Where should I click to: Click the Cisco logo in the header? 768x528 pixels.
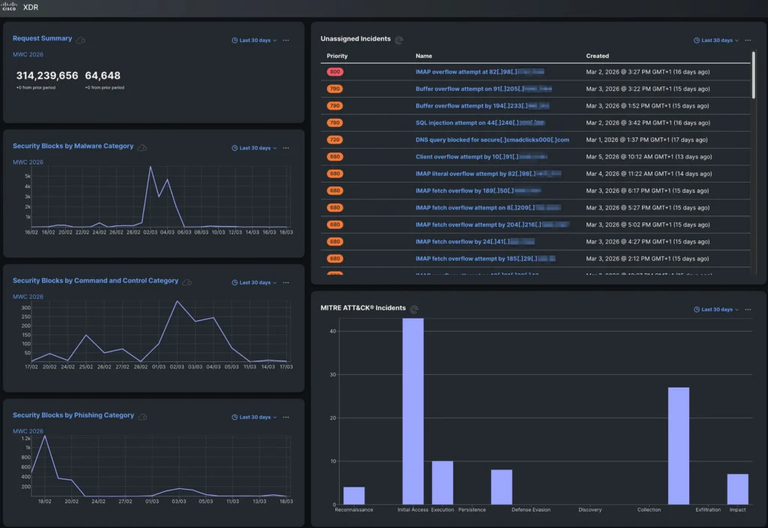[x=9, y=7]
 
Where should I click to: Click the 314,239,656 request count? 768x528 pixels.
[x=47, y=76]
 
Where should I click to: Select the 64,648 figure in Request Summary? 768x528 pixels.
[x=103, y=76]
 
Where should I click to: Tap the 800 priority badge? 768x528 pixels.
[x=334, y=72]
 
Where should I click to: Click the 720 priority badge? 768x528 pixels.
[x=334, y=140]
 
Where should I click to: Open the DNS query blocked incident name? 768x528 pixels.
[x=492, y=140]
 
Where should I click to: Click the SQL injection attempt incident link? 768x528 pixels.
[x=480, y=122]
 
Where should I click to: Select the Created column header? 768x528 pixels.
[x=597, y=56]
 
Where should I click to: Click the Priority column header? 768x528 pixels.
[x=337, y=56]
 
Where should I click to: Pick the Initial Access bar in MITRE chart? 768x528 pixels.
[x=412, y=412]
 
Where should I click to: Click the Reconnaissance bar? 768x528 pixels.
[x=353, y=495]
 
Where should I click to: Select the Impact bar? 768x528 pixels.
[x=737, y=488]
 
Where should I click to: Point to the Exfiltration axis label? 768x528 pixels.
[x=708, y=510]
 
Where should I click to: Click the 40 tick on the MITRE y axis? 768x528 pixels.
[x=331, y=331]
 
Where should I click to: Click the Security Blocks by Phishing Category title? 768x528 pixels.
[x=73, y=415]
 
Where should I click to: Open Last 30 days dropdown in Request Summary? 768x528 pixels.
[x=254, y=41]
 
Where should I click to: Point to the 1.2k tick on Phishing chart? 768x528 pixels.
[x=26, y=438]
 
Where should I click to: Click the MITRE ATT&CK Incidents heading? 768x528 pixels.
[x=363, y=308]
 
